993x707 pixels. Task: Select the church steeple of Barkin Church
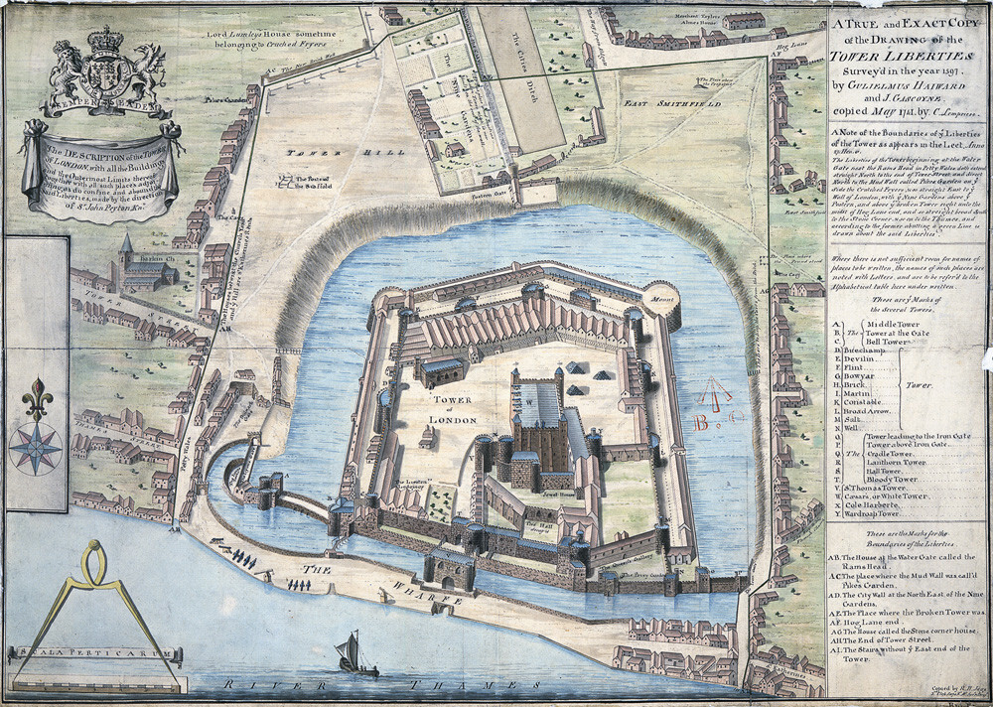(x=125, y=247)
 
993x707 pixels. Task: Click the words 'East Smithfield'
(x=664, y=101)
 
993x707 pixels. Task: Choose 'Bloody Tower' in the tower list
(x=891, y=479)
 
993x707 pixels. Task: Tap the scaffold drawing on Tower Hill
(x=287, y=182)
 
